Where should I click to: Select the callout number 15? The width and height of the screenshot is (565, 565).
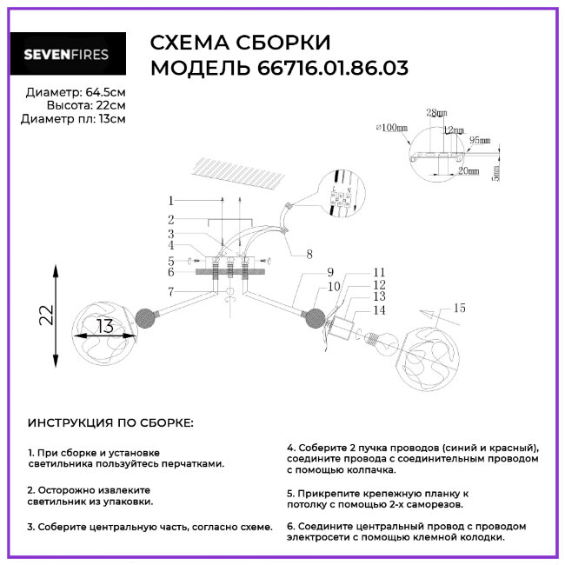[x=460, y=308]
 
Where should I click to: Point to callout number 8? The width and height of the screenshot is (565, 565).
[x=308, y=255]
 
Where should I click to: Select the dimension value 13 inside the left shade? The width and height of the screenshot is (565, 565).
[x=105, y=328]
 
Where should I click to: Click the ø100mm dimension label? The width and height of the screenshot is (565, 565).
[x=391, y=127]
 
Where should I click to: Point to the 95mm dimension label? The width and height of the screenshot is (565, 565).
[x=480, y=139]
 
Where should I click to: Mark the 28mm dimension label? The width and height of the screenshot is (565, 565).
[x=437, y=113]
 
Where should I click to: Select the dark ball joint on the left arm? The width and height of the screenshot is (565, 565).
[x=144, y=317]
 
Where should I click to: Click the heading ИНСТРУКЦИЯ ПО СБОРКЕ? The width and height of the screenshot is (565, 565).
[x=110, y=422]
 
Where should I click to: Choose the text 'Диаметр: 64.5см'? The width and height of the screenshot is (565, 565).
[x=75, y=92]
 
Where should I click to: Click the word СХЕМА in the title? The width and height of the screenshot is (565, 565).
[x=184, y=43]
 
